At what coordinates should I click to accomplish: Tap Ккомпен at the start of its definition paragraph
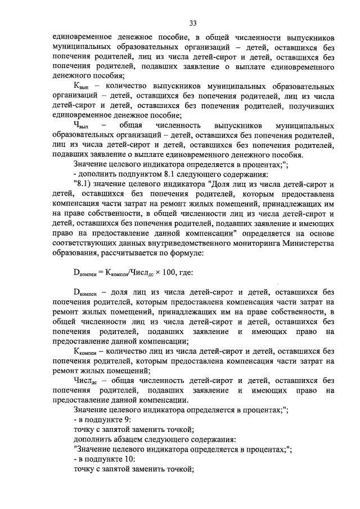pyautogui.click(x=87, y=351)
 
